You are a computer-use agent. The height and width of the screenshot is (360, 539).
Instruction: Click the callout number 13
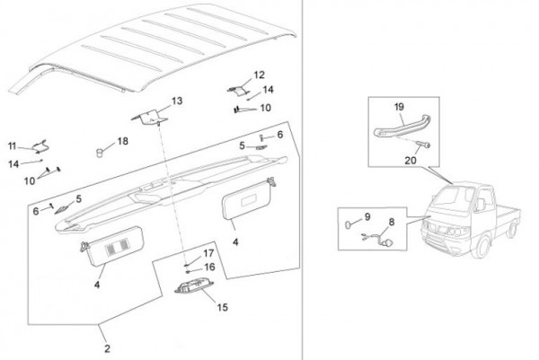click(x=177, y=101)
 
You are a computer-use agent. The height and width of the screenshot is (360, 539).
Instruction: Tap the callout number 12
click(x=260, y=75)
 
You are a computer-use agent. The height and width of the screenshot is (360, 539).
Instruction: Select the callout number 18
click(x=123, y=141)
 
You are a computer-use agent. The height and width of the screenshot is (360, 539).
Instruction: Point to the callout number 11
click(x=12, y=146)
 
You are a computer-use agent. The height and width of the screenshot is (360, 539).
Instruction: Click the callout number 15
click(x=223, y=307)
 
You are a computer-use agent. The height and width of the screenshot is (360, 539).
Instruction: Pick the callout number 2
click(x=107, y=348)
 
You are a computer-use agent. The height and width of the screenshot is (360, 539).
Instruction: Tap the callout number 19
click(x=399, y=107)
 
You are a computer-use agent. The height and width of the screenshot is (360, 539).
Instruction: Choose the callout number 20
click(x=411, y=161)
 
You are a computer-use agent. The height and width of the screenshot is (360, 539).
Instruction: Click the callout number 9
click(x=367, y=216)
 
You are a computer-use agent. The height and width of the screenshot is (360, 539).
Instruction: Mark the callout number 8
click(x=392, y=223)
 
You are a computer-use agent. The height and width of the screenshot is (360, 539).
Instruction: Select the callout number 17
click(x=208, y=253)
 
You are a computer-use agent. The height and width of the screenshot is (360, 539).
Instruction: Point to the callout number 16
click(x=209, y=267)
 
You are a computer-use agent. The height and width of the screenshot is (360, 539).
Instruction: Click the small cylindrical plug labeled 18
click(x=100, y=153)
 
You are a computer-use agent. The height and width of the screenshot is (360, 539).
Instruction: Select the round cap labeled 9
click(x=349, y=224)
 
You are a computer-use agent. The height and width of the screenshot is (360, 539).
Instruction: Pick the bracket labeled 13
click(x=150, y=117)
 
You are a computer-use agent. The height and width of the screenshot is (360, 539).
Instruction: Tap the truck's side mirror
click(x=480, y=204)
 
